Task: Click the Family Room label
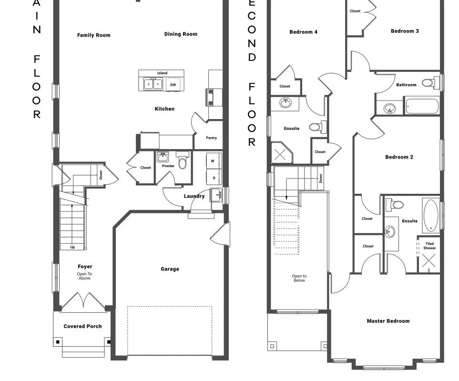point(93,35)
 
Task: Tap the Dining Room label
point(181,34)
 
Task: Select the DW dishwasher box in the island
point(173,85)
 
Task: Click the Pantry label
point(211,138)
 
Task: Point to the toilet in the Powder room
point(182,160)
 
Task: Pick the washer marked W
point(213,161)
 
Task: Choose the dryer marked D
point(214,178)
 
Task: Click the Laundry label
point(194,196)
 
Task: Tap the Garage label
point(170,269)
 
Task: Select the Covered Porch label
point(82,326)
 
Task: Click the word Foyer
point(85,267)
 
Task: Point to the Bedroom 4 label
point(303,32)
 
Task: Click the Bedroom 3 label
point(405,31)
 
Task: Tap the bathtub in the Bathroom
point(421,106)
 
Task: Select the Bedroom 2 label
point(399,157)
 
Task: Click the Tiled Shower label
point(429,246)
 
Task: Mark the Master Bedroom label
point(388,321)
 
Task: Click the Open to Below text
point(299,278)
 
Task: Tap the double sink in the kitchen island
point(153,85)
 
